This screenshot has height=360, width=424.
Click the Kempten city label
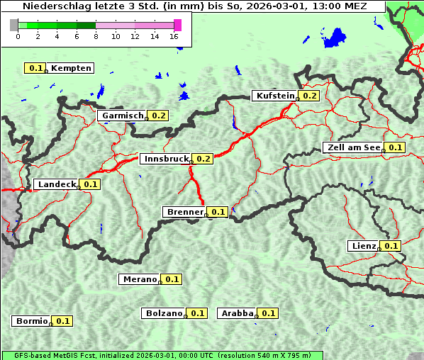71,68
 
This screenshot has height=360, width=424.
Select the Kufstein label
274,96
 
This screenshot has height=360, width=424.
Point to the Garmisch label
122,116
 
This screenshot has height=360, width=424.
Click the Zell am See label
352,147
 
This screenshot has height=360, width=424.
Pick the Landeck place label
56,184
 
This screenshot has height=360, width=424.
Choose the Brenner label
184,212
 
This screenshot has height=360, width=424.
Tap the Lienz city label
362,246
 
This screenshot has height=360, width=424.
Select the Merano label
138,279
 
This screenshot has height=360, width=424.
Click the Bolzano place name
164,313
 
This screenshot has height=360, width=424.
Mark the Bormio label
31,321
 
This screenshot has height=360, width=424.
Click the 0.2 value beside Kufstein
309,96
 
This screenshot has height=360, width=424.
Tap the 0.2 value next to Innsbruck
203,159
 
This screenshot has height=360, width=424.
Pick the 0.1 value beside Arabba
268,313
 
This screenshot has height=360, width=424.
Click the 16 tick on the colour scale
174,36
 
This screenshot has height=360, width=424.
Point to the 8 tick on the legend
96,36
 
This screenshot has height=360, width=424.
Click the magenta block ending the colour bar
177,25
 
